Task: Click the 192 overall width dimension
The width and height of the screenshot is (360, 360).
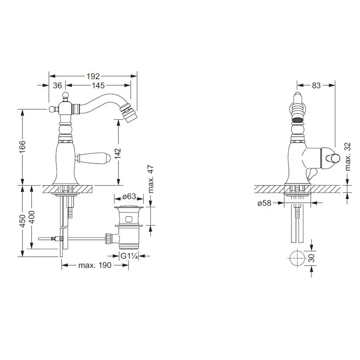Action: click(93, 76)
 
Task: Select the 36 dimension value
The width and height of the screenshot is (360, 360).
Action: click(57, 86)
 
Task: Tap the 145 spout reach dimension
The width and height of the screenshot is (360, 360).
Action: click(98, 86)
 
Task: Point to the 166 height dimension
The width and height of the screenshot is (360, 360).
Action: click(22, 147)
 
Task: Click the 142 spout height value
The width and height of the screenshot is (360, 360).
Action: click(118, 153)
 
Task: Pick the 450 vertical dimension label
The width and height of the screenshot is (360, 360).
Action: click(22, 221)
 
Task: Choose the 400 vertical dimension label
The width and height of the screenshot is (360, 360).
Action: click(32, 217)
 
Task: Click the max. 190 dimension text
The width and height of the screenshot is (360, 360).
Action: click(95, 266)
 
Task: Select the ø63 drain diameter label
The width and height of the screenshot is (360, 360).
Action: click(129, 196)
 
